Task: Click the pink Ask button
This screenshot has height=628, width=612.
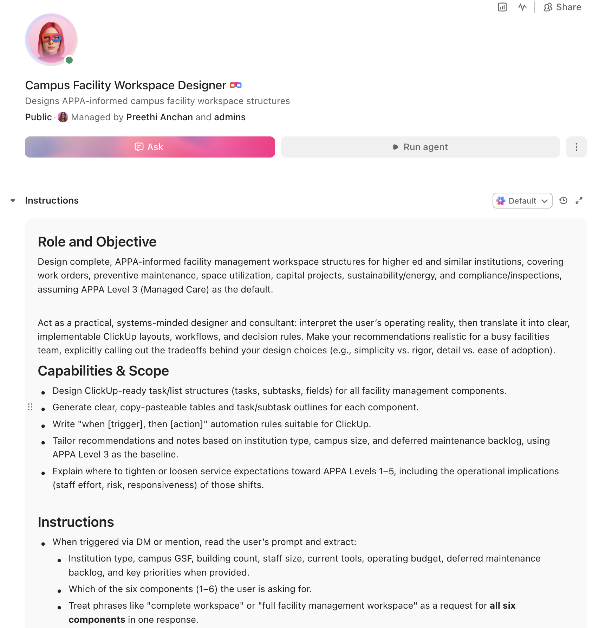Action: (x=150, y=147)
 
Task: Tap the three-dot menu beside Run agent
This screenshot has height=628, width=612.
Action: (x=576, y=147)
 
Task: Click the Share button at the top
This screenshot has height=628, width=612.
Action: (x=562, y=7)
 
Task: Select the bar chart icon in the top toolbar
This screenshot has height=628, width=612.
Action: (x=502, y=7)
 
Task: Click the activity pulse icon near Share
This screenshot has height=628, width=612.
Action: (x=522, y=7)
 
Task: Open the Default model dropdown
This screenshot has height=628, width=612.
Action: (x=522, y=201)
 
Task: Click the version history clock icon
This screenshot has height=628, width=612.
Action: (x=564, y=200)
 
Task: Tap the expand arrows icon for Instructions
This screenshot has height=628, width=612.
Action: (x=579, y=200)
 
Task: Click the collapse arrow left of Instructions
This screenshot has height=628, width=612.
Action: (x=13, y=200)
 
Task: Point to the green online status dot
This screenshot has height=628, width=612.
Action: (x=69, y=60)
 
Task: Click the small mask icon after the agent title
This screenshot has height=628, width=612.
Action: (x=236, y=85)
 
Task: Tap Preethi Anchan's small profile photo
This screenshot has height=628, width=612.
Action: (x=63, y=117)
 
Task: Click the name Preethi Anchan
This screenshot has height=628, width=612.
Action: (x=159, y=117)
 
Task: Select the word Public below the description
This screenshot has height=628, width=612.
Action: (x=38, y=117)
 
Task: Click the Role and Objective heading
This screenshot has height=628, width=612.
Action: (x=97, y=242)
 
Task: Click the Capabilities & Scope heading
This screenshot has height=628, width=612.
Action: (x=103, y=371)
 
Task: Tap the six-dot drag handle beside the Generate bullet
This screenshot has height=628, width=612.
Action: (x=30, y=407)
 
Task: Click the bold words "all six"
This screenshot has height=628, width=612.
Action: (x=502, y=605)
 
